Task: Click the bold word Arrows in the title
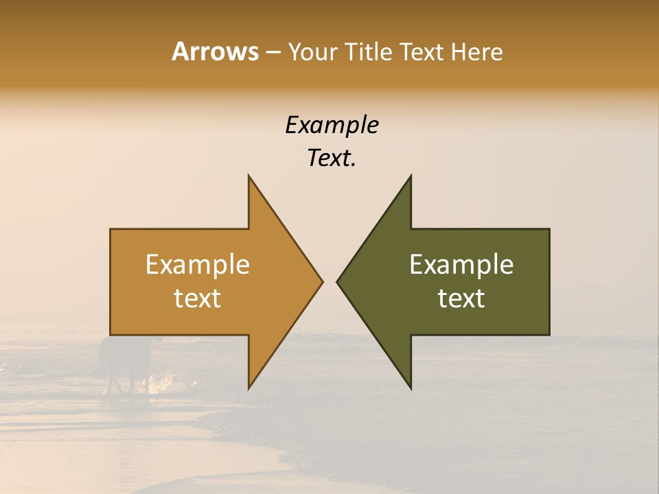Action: (215, 51)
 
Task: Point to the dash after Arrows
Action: (273, 53)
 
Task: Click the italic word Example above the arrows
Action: (332, 126)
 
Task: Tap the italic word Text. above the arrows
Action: (332, 158)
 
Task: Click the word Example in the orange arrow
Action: (198, 265)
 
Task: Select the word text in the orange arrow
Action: (198, 298)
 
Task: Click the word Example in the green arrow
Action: (461, 265)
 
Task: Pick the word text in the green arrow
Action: (461, 298)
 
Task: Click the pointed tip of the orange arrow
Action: (321, 281)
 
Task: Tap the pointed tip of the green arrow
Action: (338, 281)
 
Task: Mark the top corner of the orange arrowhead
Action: (249, 176)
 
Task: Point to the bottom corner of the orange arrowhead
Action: (249, 388)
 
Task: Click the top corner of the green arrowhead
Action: (411, 176)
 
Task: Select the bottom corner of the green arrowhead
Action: (411, 388)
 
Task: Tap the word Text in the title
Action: (420, 51)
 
